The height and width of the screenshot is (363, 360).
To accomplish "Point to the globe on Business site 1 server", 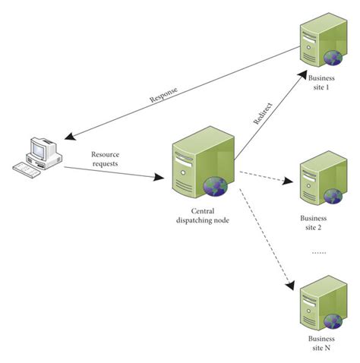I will click(x=332, y=59).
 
